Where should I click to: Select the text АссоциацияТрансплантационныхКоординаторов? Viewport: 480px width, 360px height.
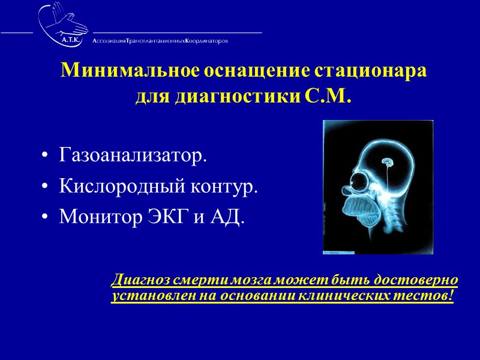tap(160, 41)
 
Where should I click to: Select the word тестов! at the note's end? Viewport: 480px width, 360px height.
tap(433, 295)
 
